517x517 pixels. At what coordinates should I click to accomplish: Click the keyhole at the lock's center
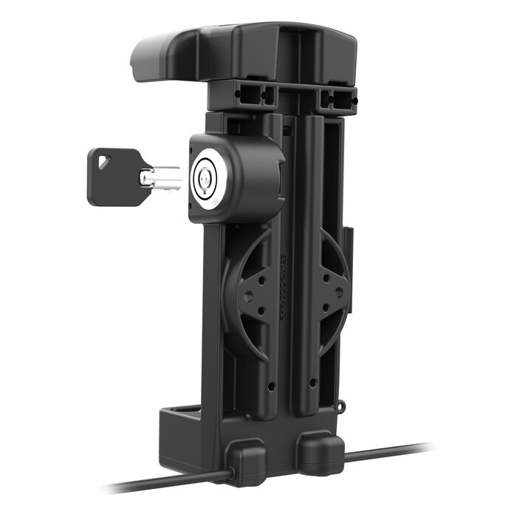click(205, 178)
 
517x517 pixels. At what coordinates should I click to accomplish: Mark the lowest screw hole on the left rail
click(273, 386)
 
